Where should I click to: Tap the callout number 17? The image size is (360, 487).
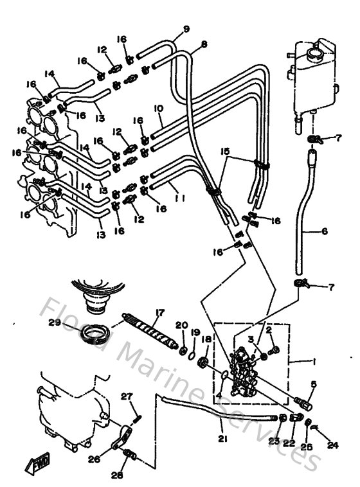tap(157, 313)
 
